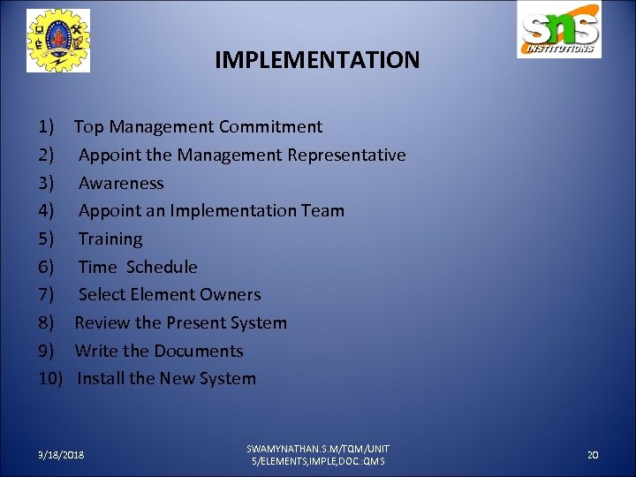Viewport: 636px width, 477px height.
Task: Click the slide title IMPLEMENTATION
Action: pos(317,60)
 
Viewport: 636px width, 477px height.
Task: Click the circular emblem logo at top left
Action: pos(58,41)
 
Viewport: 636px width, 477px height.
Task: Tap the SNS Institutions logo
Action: pos(559,31)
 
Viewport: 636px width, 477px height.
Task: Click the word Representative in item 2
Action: pos(346,155)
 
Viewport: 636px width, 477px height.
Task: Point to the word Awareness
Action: pos(121,184)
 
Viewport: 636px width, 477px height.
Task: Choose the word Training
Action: pos(110,239)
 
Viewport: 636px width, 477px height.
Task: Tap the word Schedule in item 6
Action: pos(162,267)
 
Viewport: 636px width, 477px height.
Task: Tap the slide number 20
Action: pos(593,454)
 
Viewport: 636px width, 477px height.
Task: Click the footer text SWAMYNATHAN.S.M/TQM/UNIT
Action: pos(318,449)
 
